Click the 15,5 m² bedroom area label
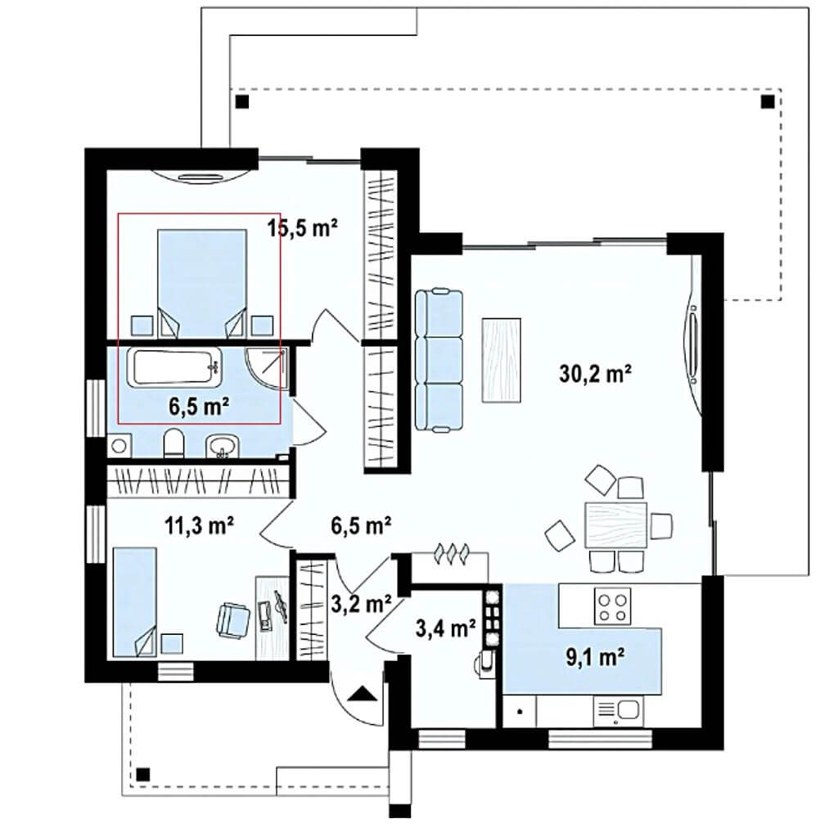pyautogui.click(x=303, y=227)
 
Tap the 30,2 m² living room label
pyautogui.click(x=595, y=373)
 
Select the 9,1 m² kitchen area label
pyautogui.click(x=596, y=657)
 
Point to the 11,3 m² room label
pyautogui.click(x=199, y=525)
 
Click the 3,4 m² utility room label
pyautogui.click(x=446, y=628)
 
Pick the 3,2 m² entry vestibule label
pyautogui.click(x=361, y=603)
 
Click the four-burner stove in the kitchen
pyautogui.click(x=612, y=605)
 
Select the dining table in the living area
pyautogui.click(x=615, y=524)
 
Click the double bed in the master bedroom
pyautogui.click(x=202, y=283)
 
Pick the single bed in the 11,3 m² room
pyautogui.click(x=135, y=601)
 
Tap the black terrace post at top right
pyautogui.click(x=768, y=101)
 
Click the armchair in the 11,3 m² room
pyautogui.click(x=233, y=619)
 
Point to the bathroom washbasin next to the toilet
pyautogui.click(x=223, y=444)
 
